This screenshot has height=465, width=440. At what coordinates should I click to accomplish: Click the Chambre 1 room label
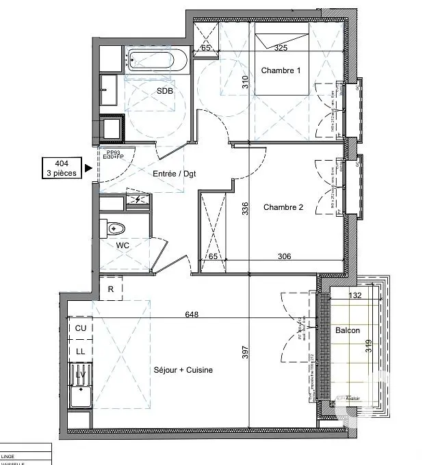pyautogui.click(x=281, y=70)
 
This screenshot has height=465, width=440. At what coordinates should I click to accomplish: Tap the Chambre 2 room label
pyautogui.click(x=283, y=208)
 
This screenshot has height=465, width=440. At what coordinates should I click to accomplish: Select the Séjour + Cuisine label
pyautogui.click(x=183, y=370)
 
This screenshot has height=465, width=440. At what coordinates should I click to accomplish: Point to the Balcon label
pyautogui.click(x=348, y=330)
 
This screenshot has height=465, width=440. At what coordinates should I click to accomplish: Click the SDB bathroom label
pyautogui.click(x=165, y=91)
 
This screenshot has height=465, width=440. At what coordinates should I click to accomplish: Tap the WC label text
pyautogui.click(x=122, y=245)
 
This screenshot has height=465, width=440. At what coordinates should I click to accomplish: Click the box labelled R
pyautogui.click(x=111, y=289)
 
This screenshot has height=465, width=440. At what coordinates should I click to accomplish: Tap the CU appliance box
pyautogui.click(x=80, y=328)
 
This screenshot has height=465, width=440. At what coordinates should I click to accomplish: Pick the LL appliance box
pyautogui.click(x=80, y=351)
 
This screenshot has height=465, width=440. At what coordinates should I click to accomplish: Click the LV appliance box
pyautogui.click(x=80, y=374)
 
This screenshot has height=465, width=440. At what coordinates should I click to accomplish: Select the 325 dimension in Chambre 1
pyautogui.click(x=281, y=48)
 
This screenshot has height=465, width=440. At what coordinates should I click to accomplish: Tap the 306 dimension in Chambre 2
pyautogui.click(x=285, y=256)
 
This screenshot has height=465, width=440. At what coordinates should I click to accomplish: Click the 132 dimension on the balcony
pyautogui.click(x=355, y=295)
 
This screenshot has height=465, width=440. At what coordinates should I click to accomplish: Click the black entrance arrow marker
pyautogui.click(x=88, y=167)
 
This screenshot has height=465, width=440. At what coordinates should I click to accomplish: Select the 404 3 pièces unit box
pyautogui.click(x=61, y=168)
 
